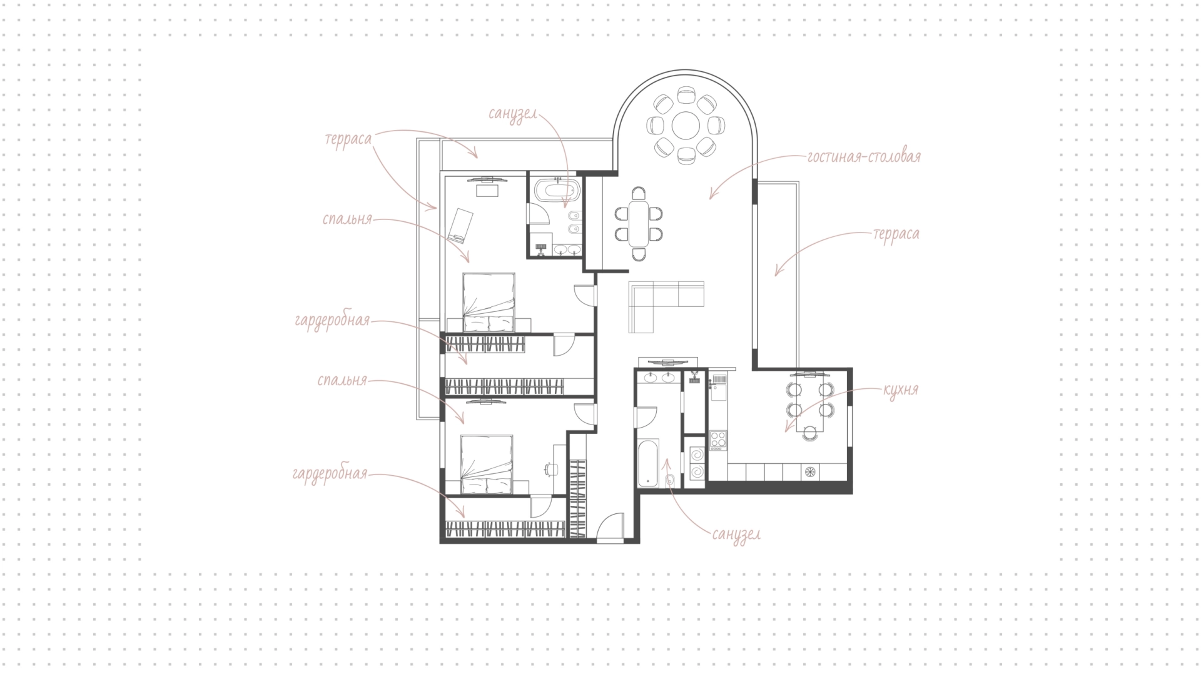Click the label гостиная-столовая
[x=864, y=156]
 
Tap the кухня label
[x=900, y=390]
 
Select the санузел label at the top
[x=513, y=114]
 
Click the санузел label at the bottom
[x=736, y=535]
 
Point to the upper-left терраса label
[x=348, y=139]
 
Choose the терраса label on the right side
[x=896, y=234]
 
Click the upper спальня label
[x=347, y=219]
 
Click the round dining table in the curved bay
[x=686, y=126]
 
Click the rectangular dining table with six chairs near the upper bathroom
[x=639, y=223]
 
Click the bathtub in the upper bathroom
[x=556, y=189]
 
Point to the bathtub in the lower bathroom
[x=648, y=463]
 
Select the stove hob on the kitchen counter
[x=718, y=440]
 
